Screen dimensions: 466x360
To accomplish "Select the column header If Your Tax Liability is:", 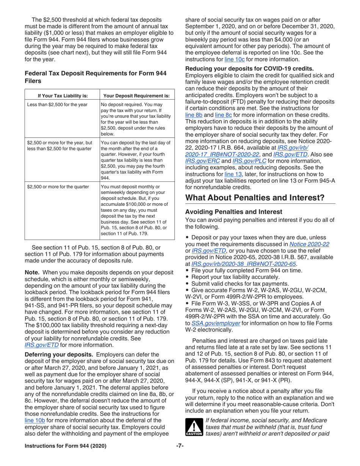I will coord(61,95).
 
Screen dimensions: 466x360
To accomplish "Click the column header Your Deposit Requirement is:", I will coord(136,95).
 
